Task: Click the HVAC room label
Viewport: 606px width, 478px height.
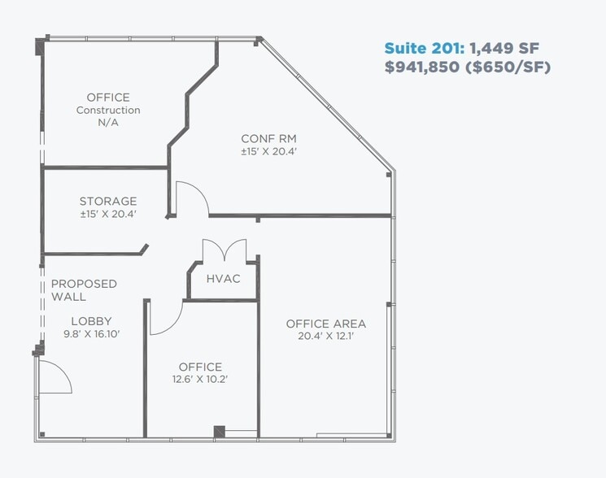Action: (223, 279)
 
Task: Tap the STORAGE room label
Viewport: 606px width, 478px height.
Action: (108, 202)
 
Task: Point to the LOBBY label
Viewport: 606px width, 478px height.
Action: (91, 321)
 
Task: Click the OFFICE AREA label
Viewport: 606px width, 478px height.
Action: (325, 324)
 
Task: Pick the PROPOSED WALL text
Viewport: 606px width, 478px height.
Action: (84, 290)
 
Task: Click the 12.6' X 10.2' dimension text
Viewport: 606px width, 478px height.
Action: (200, 380)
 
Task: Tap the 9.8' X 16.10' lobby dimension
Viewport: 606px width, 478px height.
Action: (91, 334)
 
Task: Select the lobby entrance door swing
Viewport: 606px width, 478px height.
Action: (55, 376)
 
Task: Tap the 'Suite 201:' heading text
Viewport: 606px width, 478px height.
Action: (424, 48)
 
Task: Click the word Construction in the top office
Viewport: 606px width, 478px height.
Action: (108, 111)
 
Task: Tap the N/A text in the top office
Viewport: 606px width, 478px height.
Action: (108, 123)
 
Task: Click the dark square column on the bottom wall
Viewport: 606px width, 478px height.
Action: (219, 431)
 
